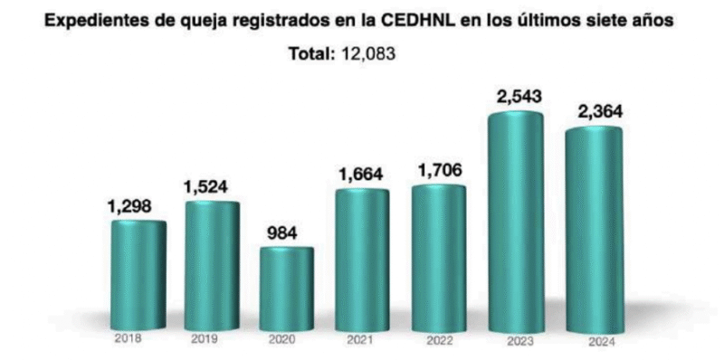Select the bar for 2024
[594, 231]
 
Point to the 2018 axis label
[131, 340]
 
